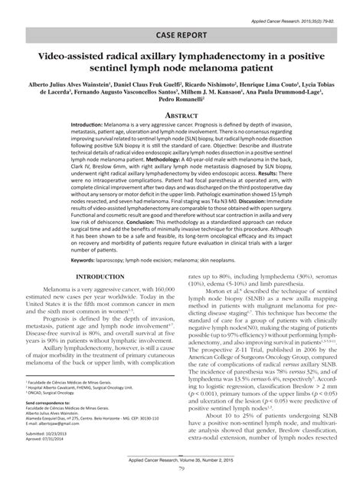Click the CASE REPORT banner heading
181,34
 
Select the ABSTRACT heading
181,112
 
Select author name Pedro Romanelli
181,99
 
